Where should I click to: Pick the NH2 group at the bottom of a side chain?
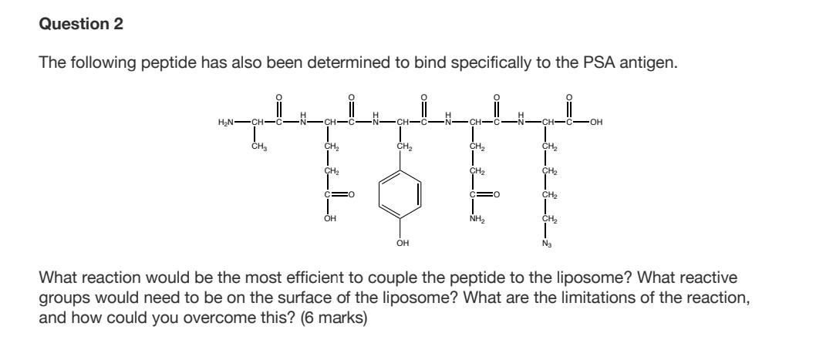click(x=477, y=218)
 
